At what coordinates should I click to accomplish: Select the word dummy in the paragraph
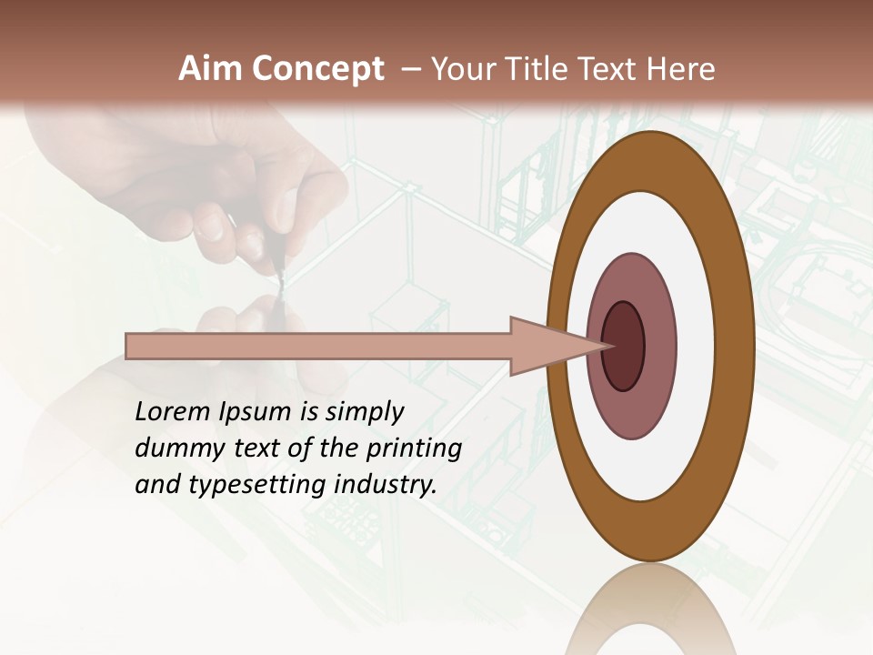(171, 448)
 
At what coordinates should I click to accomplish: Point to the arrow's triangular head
(546, 347)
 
